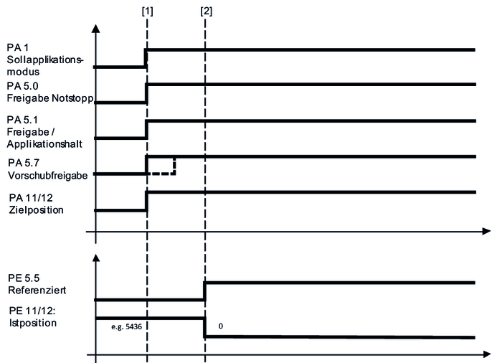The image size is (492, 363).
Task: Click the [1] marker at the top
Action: coord(147,11)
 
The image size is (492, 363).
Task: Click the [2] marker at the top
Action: coord(206,11)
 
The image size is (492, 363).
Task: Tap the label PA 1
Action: coord(17,47)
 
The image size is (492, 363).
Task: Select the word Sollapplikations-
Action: coord(45,60)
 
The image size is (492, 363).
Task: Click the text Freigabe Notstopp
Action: coord(50,98)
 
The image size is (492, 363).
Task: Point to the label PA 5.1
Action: coord(22,120)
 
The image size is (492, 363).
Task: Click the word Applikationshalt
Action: coord(44,144)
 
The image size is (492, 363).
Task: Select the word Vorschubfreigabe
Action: coord(47,175)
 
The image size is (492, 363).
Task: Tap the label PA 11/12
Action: coord(31,198)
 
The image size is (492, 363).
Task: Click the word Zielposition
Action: coord(36,210)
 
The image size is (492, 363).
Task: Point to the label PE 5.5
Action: coord(24,278)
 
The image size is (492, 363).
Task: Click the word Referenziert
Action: coord(37,291)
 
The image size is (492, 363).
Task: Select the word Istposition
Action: coord(33,323)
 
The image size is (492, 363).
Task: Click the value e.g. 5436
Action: coord(126,327)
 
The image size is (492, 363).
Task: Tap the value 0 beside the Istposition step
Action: coord(221,326)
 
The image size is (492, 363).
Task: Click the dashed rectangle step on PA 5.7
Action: coord(161,166)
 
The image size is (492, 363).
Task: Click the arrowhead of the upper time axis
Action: coord(486,232)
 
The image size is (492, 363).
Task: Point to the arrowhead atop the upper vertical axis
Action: coord(96,29)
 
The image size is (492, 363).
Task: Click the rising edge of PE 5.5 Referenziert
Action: coord(204,291)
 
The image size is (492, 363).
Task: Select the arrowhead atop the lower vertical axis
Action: coord(96,258)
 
